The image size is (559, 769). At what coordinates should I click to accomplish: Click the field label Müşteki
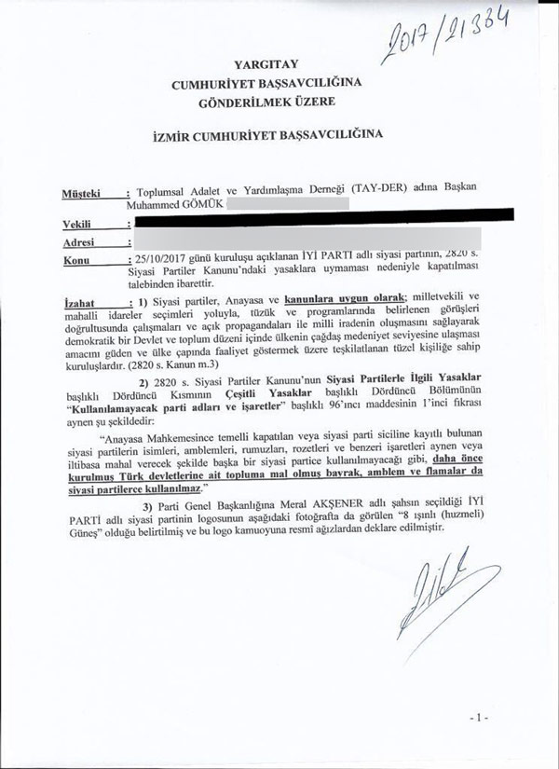[x=80, y=193]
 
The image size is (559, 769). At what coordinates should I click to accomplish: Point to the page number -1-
[x=479, y=721]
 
